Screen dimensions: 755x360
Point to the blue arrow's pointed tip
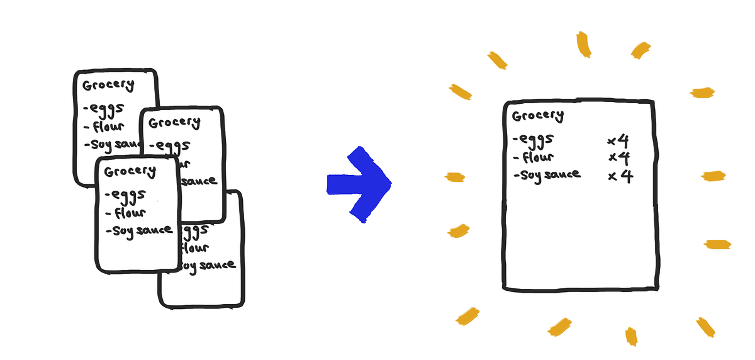coord(390,184)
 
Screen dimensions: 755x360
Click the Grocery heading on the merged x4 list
coord(537,116)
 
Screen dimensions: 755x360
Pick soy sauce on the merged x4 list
coord(546,175)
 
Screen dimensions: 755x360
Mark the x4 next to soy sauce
coord(620,176)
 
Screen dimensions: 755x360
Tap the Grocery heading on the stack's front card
coord(130,171)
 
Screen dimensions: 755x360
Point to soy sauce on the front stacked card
coord(139,230)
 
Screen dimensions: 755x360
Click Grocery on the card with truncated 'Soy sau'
coord(108,86)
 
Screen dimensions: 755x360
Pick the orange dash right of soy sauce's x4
coord(714,176)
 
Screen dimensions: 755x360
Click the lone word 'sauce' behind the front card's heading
coord(199,181)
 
